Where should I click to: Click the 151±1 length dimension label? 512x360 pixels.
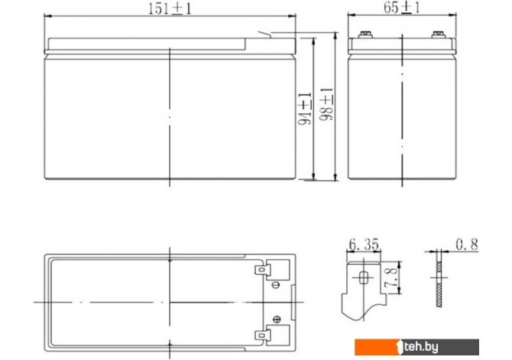coord(170,8)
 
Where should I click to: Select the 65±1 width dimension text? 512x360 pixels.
coord(401,8)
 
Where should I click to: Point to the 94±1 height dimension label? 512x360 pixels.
coord(305,109)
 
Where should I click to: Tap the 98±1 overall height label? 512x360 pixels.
coord(326,105)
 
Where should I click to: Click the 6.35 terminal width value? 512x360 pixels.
coord(364,245)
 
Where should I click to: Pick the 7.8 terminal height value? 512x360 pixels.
coord(390,277)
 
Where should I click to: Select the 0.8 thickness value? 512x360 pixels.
coord(467,245)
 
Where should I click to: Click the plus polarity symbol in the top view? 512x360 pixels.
coord(276,319)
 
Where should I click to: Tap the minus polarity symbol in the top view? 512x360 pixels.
coord(276,285)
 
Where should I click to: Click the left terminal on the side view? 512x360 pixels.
coord(365,34)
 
